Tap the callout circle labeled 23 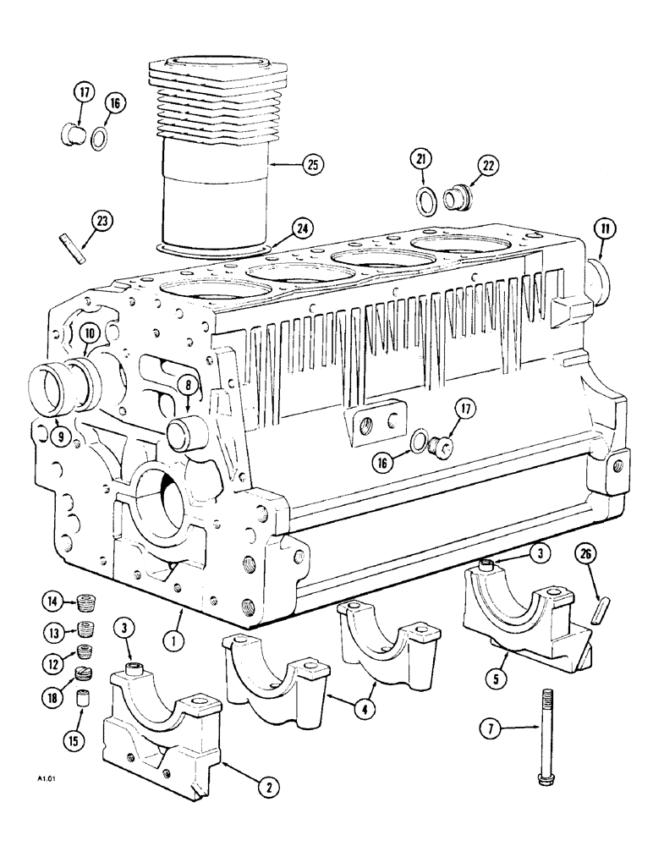(101, 222)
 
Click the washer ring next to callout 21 (425, 201)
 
